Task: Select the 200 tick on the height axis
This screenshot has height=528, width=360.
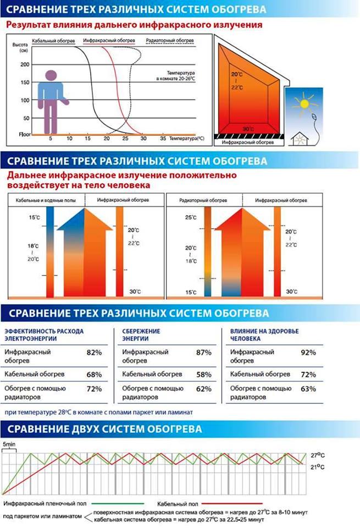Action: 24,64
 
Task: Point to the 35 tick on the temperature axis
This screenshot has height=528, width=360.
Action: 162,140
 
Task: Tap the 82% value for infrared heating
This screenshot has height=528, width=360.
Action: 95,352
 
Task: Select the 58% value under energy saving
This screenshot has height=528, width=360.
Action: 204,375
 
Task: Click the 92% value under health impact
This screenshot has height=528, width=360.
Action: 308,352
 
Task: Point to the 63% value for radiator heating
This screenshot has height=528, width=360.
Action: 308,389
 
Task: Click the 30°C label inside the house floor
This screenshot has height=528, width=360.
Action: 248,129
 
